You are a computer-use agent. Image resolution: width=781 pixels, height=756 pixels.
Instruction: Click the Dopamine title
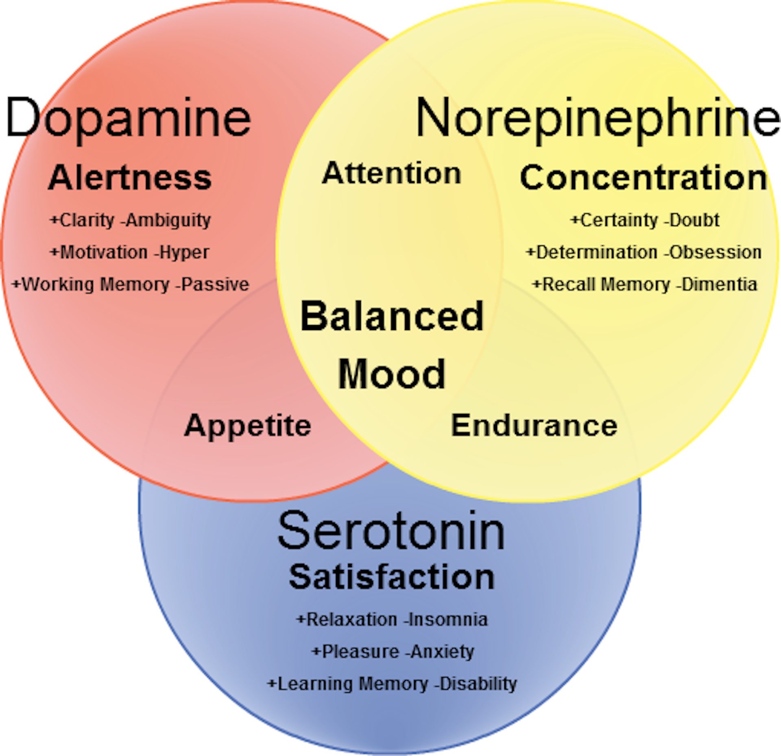(x=128, y=118)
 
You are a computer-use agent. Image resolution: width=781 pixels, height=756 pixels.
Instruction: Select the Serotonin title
(x=391, y=532)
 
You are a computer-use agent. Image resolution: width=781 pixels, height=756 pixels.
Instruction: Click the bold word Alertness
(x=130, y=178)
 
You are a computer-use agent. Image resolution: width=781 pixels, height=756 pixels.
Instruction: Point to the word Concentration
(x=644, y=178)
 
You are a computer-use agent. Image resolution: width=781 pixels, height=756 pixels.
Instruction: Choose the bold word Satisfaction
(x=391, y=577)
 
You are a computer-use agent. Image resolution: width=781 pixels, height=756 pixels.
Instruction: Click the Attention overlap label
(x=391, y=174)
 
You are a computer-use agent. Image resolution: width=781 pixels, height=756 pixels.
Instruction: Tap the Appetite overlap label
(x=247, y=426)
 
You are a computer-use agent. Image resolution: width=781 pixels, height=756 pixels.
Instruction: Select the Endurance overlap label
(x=534, y=426)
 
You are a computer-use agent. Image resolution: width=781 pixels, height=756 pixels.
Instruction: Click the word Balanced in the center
(x=392, y=316)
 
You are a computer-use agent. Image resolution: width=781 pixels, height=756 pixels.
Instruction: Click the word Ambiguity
(x=168, y=220)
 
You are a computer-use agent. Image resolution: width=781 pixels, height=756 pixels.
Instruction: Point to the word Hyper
(x=184, y=252)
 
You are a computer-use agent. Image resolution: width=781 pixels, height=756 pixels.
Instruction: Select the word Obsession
(x=715, y=252)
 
